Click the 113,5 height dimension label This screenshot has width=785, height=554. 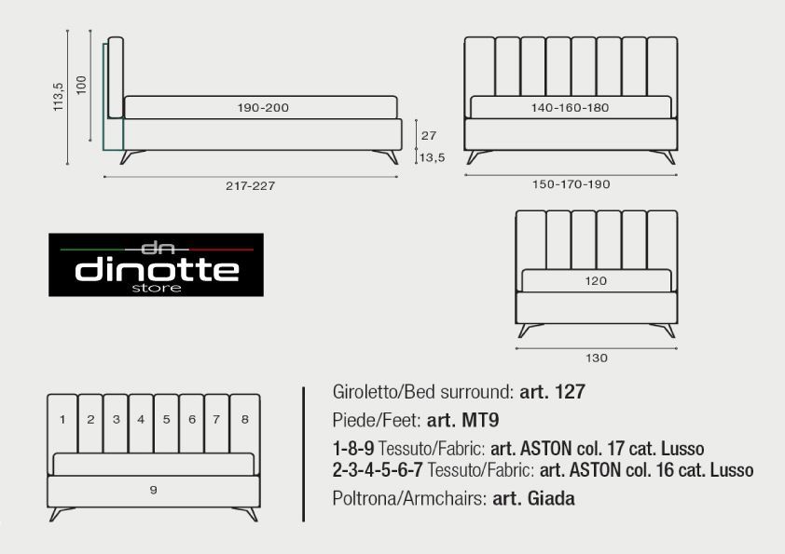click(x=59, y=97)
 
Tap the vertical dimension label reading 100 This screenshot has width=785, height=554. click(x=81, y=85)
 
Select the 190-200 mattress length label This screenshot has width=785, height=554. click(x=263, y=107)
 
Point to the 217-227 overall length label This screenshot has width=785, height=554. click(x=250, y=186)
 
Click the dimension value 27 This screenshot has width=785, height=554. click(x=429, y=136)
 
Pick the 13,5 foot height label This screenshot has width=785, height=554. click(x=432, y=158)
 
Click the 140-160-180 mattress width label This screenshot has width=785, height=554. click(x=571, y=107)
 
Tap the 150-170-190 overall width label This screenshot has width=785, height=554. click(x=572, y=184)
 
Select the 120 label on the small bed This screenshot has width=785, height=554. click(x=596, y=281)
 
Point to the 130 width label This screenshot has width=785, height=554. click(x=597, y=358)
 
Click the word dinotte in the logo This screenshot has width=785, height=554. click(x=157, y=270)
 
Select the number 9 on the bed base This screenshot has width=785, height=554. click(x=154, y=490)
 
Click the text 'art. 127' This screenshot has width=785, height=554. click(x=552, y=391)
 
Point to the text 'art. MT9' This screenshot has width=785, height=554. click(x=462, y=420)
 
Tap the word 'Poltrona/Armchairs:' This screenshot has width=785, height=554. click(x=409, y=498)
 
